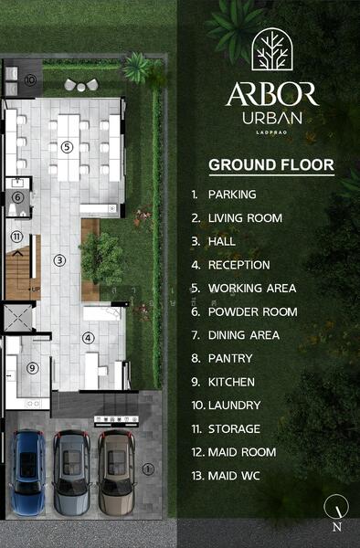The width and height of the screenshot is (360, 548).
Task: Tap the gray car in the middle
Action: tap(71, 472)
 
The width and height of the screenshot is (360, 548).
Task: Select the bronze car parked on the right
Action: tap(115, 472)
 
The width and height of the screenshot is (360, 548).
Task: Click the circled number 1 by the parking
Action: tap(149, 469)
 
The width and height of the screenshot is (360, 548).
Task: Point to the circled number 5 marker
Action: tap(66, 146)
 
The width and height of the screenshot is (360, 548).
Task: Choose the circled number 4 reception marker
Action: tap(89, 337)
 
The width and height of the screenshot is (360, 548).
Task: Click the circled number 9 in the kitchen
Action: tap(32, 368)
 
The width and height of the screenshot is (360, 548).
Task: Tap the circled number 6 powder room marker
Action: tap(17, 197)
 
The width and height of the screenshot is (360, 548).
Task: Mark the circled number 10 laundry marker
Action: tap(30, 80)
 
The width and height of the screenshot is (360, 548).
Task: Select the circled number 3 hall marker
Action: tap(59, 260)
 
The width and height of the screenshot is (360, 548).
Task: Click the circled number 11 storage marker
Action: tap(16, 237)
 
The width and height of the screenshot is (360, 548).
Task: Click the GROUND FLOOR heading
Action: tap(271, 165)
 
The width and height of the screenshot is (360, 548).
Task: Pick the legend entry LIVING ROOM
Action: tap(244, 218)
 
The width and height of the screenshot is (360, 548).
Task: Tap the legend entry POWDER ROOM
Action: tap(252, 311)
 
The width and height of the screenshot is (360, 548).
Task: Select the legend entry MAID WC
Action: tap(238, 475)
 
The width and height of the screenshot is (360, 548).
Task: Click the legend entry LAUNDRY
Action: tap(234, 405)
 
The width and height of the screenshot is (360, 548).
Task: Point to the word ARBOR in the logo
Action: tap(271, 94)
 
